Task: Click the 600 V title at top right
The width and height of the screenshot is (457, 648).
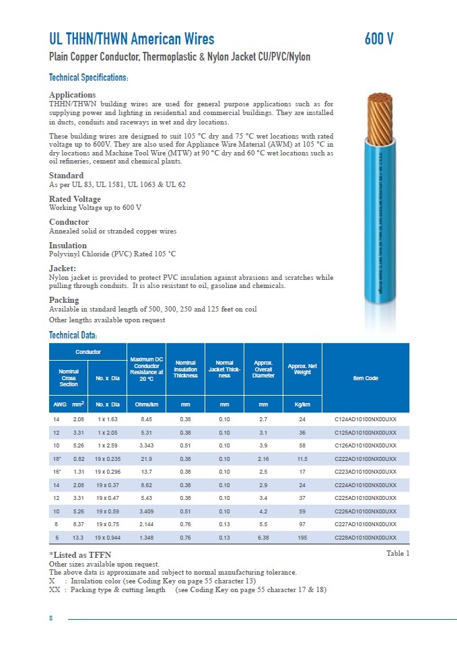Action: [379, 39]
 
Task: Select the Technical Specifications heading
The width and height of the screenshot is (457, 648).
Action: [89, 78]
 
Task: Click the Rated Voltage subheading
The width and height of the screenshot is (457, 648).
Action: [75, 199]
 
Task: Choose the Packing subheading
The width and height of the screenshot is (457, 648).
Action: [65, 300]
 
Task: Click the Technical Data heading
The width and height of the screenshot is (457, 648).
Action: [73, 335]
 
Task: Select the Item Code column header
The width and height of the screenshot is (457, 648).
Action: [365, 378]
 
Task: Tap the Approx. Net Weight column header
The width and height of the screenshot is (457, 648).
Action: [302, 369]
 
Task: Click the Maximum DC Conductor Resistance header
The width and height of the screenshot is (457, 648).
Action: [146, 369]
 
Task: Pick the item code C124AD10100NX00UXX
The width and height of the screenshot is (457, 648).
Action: [365, 419]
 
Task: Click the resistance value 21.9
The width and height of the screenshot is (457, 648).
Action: [146, 458]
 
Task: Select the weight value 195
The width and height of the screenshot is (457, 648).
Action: [302, 538]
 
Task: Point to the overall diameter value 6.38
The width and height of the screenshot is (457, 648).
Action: [263, 538]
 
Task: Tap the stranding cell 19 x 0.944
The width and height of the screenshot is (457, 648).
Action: [108, 538]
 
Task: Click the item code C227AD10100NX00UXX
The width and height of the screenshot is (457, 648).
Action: [365, 524]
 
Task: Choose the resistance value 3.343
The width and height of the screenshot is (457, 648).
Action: [146, 445]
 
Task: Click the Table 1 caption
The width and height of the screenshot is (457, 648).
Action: [398, 553]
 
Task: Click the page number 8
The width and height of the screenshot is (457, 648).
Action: [50, 618]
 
